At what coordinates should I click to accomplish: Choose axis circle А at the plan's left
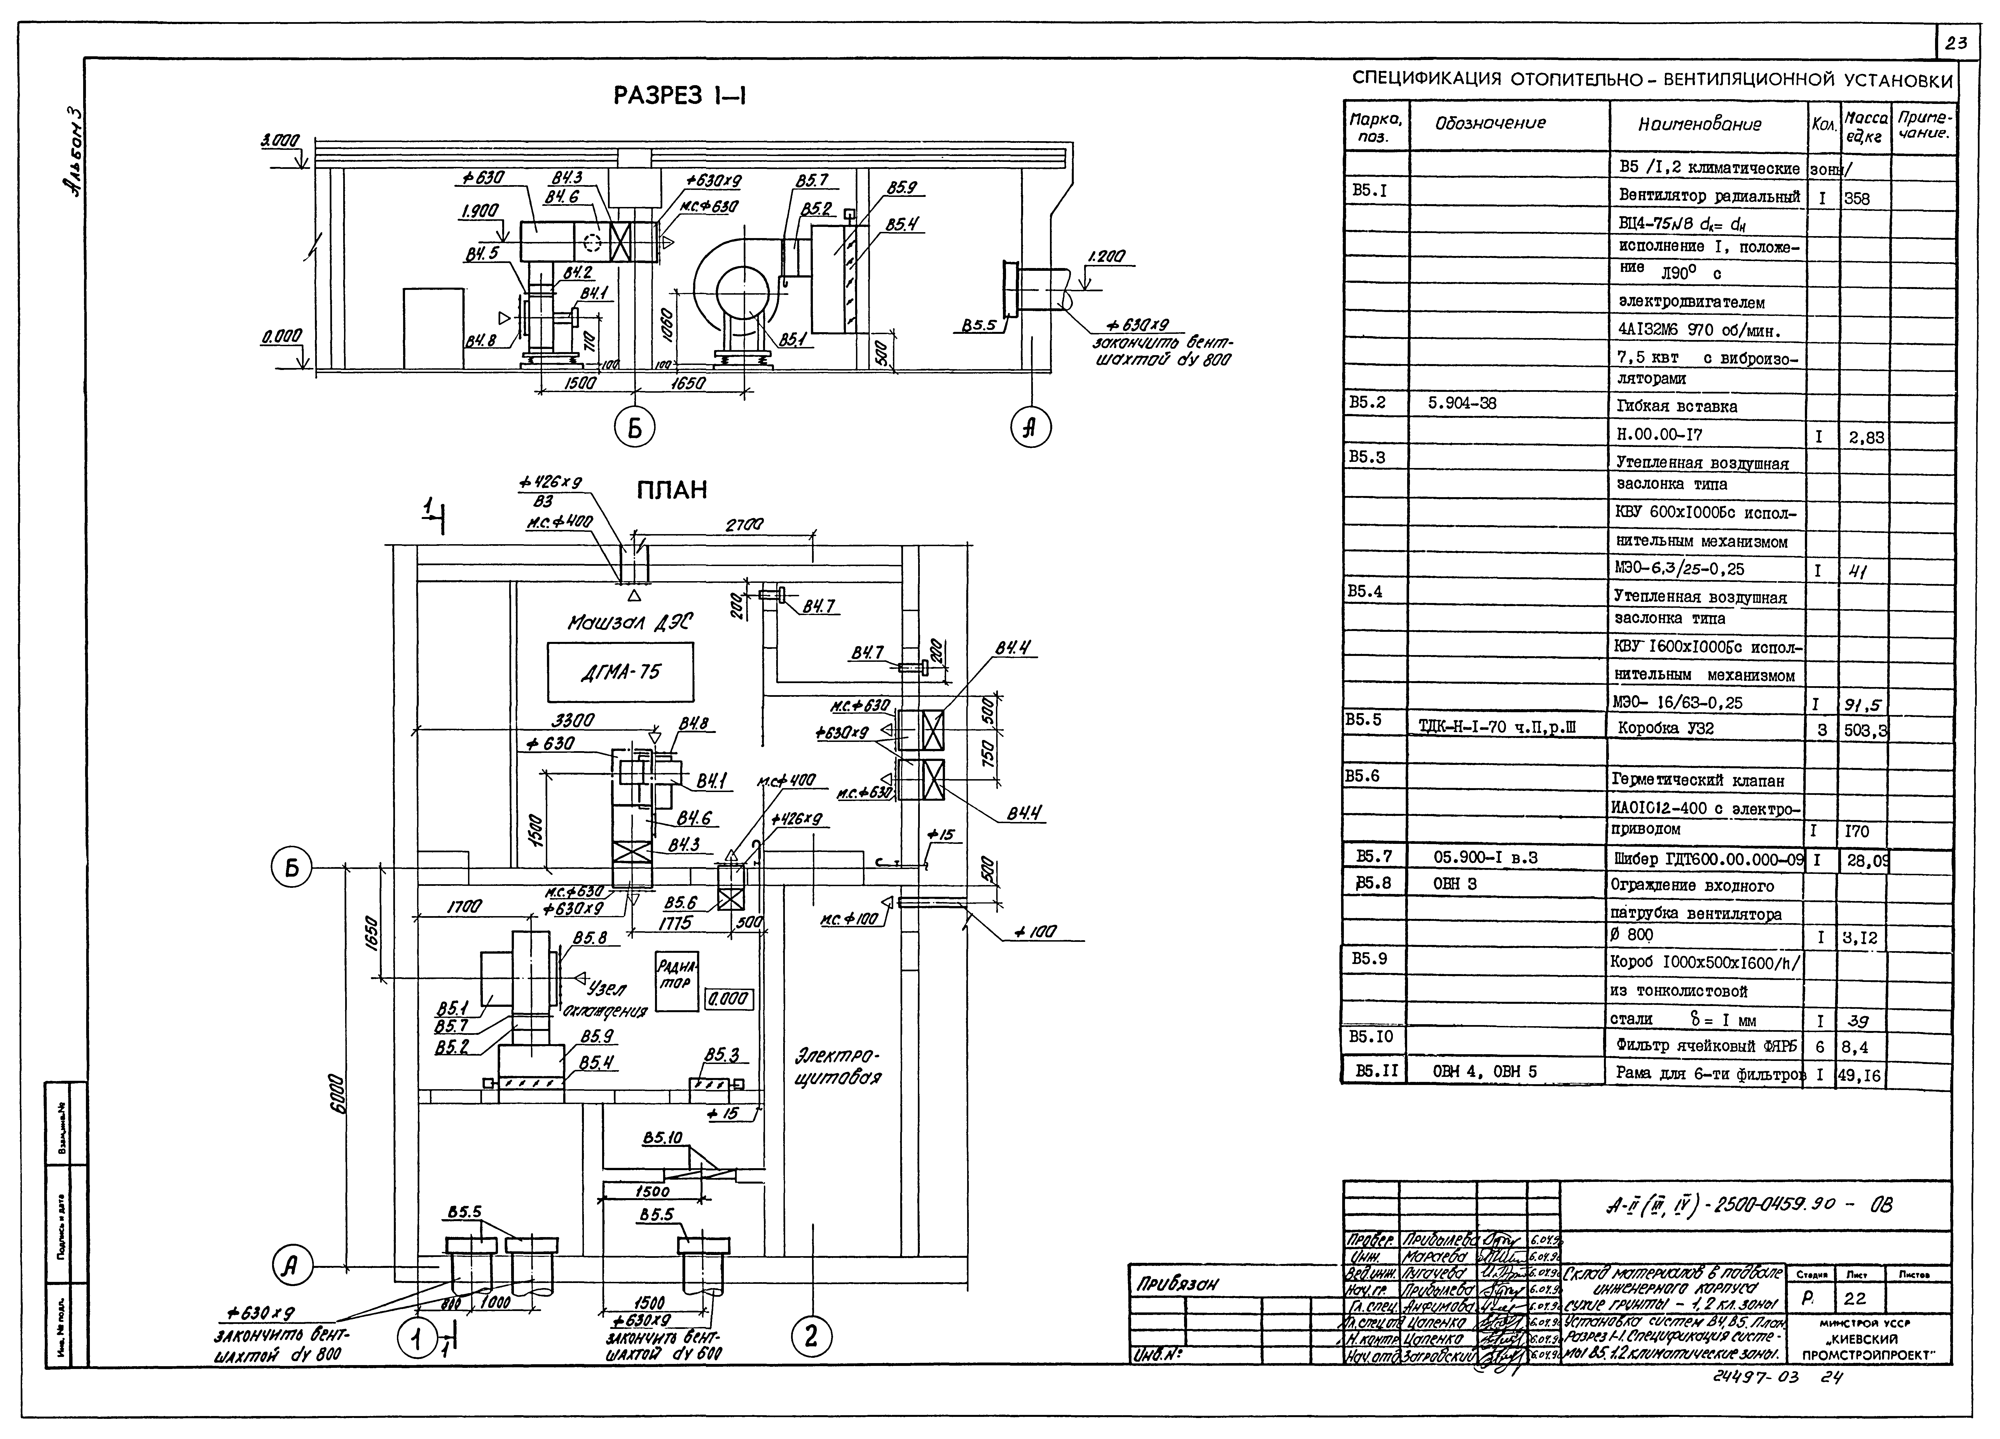(292, 1268)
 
